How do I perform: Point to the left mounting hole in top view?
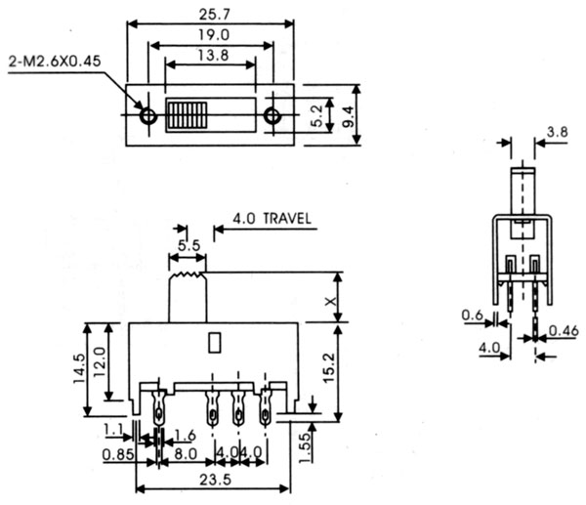pyautogui.click(x=148, y=116)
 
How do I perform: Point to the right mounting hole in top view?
pyautogui.click(x=273, y=116)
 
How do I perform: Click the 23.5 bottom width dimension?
pyautogui.click(x=213, y=479)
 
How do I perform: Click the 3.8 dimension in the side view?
pyautogui.click(x=557, y=131)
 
